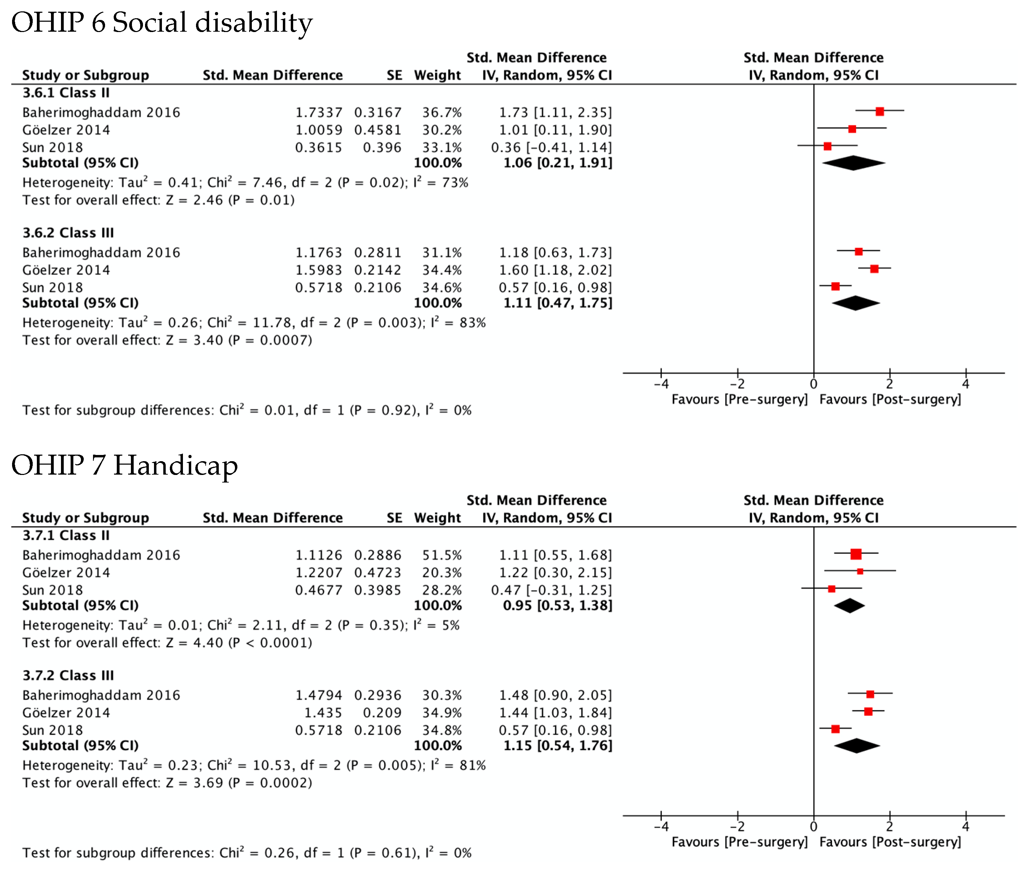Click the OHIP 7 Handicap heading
click(124, 465)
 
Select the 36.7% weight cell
click(442, 112)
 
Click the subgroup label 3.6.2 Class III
click(68, 233)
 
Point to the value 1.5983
click(318, 270)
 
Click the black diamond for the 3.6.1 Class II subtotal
click(853, 163)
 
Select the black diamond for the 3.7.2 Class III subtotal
click(856, 746)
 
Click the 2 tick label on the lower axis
click(890, 827)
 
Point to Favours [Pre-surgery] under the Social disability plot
click(739, 400)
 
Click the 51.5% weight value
click(442, 555)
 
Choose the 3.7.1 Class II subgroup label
click(66, 536)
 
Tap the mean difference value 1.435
click(323, 713)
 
